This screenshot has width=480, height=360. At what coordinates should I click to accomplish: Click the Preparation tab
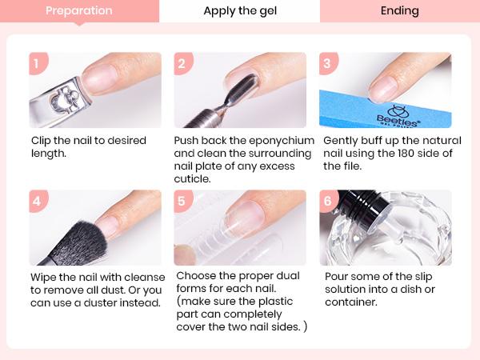click(x=78, y=11)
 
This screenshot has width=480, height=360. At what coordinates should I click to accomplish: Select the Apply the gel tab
click(x=239, y=11)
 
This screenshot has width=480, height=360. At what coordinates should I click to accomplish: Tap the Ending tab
click(x=399, y=11)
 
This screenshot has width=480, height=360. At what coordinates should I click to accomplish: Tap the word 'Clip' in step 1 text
click(x=42, y=141)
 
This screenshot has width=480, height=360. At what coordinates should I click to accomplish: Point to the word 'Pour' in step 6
click(x=336, y=277)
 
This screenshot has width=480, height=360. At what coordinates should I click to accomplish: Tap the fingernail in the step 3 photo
click(x=384, y=86)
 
